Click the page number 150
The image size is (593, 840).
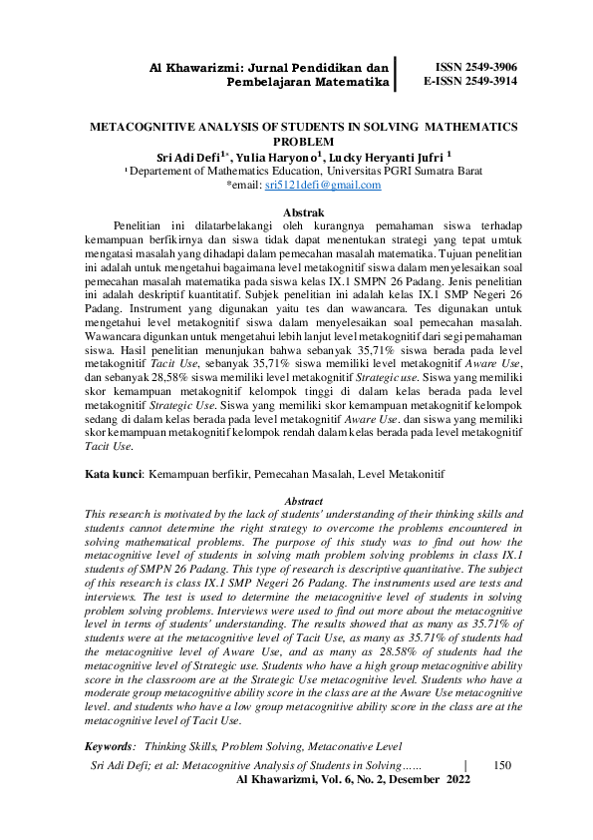click(502, 765)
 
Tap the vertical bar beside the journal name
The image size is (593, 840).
click(397, 73)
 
